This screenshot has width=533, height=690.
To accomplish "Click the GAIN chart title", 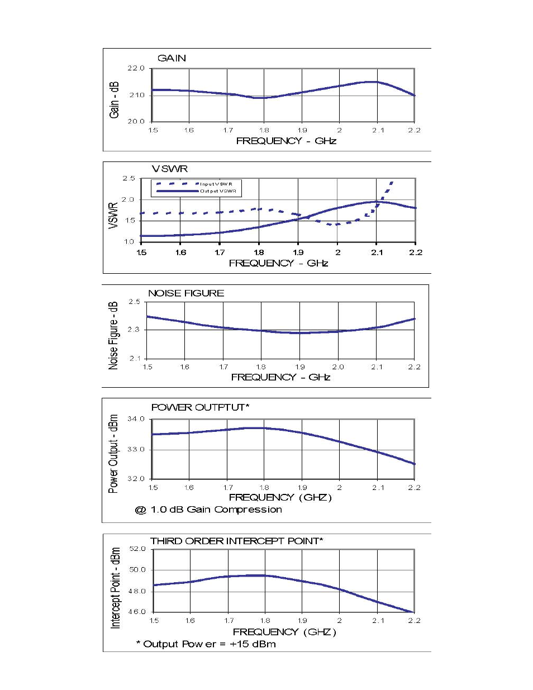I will point(172,58).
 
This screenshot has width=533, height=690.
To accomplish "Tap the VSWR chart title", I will point(170,169).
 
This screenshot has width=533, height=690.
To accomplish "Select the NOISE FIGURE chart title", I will point(186,293).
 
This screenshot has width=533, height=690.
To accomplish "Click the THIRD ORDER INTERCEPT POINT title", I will point(237,541).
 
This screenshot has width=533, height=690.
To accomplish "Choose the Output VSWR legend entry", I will point(218,191).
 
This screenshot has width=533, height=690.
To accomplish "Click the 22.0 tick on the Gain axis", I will point(136,68).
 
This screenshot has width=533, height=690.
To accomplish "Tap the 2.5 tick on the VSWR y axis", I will point(129,179).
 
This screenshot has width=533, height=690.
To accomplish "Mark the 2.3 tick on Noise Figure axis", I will point(134,330).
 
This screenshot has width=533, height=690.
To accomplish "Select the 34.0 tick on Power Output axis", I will point(136,418).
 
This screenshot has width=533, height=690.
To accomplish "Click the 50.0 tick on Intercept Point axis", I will point(137,570).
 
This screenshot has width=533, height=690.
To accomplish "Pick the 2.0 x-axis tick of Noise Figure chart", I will point(338,367).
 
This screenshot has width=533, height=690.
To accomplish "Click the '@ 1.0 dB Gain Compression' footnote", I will point(208,510).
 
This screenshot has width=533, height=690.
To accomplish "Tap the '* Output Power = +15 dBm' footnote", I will point(206,644).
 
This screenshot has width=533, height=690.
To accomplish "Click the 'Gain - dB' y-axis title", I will point(115,99).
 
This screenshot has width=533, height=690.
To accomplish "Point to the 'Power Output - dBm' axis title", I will point(113,454).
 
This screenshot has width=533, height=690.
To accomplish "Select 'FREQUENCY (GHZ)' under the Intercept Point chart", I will point(284,632).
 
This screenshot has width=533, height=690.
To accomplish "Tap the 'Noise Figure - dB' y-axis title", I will point(113,336).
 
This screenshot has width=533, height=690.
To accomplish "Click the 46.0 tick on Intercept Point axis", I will point(137,612).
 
